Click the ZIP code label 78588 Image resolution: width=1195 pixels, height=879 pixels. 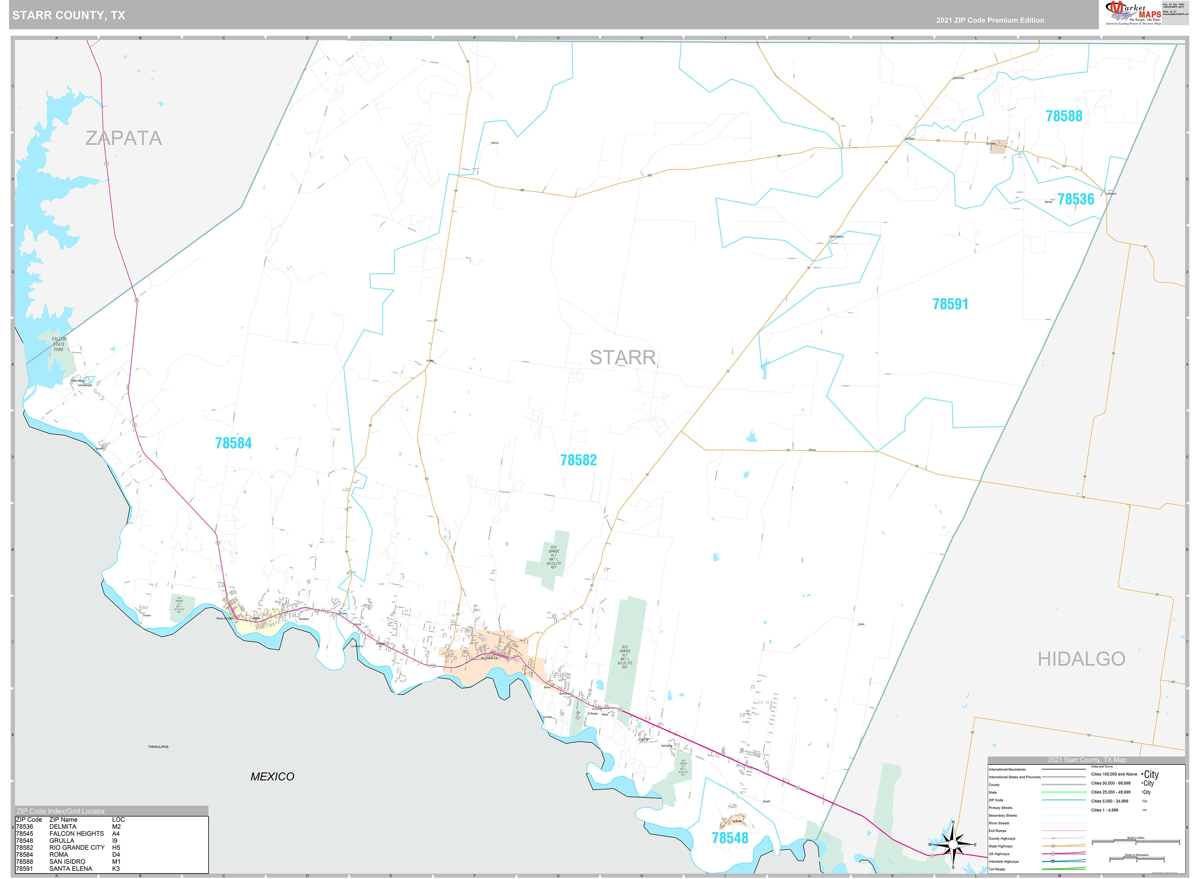pos(1063,116)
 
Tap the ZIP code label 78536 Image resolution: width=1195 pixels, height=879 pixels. pos(1075,199)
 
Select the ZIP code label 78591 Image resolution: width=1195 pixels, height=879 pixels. pos(950,304)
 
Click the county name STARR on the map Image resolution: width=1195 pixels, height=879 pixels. pos(622,358)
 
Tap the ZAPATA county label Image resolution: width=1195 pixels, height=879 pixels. pos(123,138)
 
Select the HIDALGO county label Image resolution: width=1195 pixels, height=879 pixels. pos(1081,659)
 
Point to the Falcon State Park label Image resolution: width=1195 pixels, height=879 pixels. pos(59,344)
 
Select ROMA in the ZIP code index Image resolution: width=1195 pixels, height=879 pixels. pos(59,855)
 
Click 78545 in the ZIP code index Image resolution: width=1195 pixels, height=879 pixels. pos(24,833)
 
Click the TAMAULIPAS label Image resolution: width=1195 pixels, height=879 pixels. pos(158,746)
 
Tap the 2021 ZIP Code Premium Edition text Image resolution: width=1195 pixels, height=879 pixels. pos(990,20)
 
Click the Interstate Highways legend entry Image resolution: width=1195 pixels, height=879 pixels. pos(1003,861)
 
